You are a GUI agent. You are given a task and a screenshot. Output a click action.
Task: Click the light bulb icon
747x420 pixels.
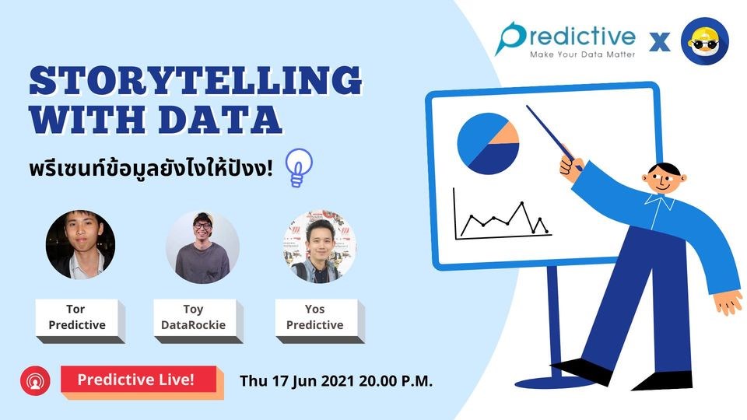click(x=298, y=168)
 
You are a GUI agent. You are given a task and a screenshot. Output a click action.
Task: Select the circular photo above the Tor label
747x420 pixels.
click(x=80, y=244)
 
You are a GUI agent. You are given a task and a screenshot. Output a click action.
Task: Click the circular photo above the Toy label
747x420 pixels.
click(x=202, y=247)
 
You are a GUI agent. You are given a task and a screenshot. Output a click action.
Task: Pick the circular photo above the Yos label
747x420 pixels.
click(x=320, y=247)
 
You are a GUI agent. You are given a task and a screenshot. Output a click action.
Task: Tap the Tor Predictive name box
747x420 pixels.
click(x=80, y=320)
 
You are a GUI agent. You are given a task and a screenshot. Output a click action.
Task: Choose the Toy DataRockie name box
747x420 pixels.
click(x=198, y=320)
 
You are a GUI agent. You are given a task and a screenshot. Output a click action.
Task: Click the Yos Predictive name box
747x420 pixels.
click(x=320, y=320)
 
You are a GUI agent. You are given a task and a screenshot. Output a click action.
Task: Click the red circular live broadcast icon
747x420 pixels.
click(x=35, y=380)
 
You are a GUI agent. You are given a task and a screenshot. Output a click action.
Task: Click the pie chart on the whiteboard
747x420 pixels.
click(x=488, y=143)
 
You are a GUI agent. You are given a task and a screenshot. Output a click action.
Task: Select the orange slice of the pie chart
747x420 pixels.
click(x=506, y=135)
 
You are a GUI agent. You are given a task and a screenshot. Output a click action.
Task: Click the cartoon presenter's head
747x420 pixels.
click(x=664, y=177)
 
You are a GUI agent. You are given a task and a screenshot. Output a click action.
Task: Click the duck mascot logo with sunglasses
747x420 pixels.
click(x=705, y=41)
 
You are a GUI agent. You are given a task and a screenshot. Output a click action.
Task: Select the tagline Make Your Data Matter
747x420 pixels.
click(x=582, y=54)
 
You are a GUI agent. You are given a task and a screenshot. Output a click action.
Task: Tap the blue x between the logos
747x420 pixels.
click(x=659, y=42)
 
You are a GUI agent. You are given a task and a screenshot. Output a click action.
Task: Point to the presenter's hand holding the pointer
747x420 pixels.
click(x=570, y=167)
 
